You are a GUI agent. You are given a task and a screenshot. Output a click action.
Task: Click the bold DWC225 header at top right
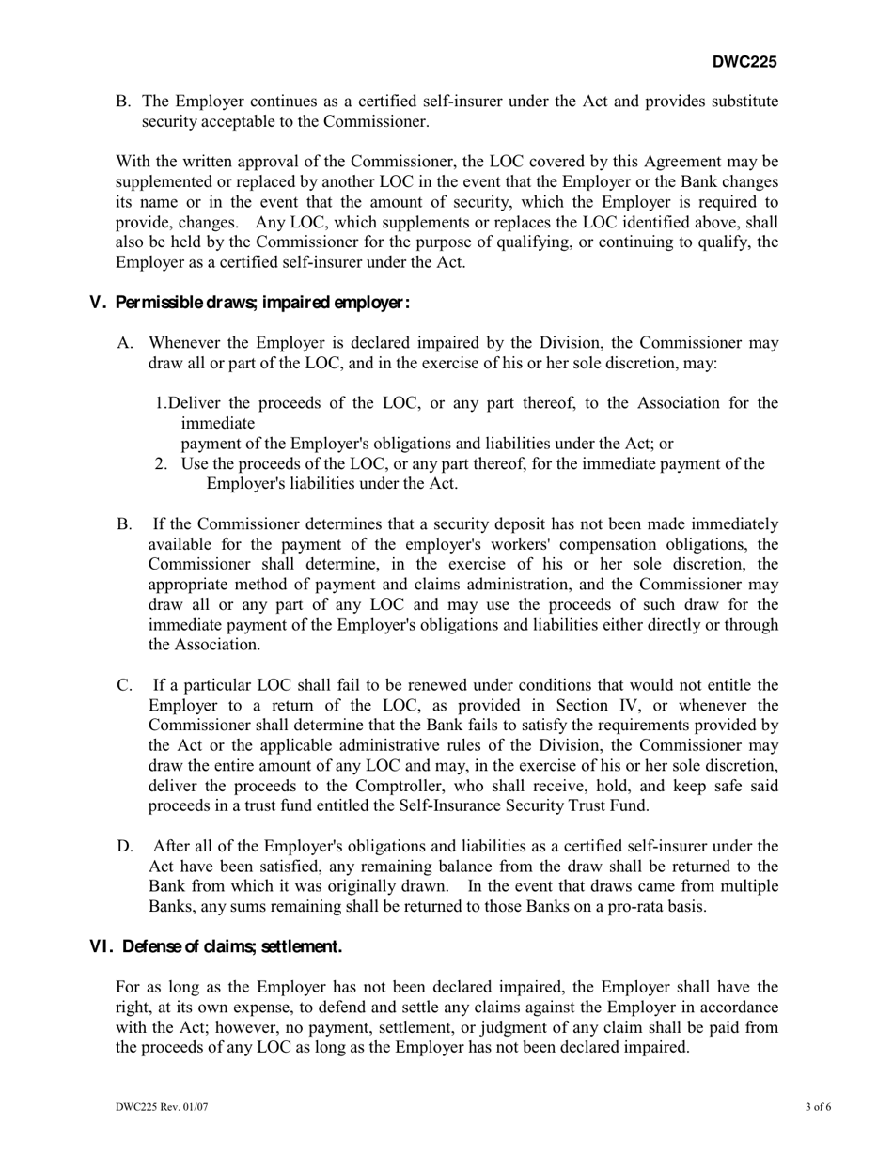click(744, 63)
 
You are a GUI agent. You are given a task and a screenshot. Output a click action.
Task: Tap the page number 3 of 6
click(818, 1107)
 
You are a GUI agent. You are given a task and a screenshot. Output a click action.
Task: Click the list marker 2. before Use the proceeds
click(162, 463)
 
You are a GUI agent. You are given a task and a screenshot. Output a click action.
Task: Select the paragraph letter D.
click(125, 846)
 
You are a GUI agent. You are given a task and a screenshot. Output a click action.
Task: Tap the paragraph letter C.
click(125, 685)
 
